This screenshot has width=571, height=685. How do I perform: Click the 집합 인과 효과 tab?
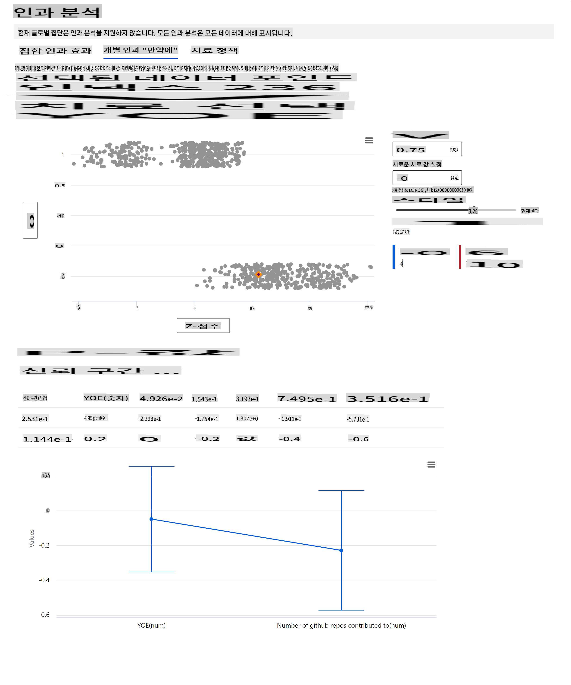coord(55,51)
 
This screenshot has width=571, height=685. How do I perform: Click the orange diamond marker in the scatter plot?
coord(258,274)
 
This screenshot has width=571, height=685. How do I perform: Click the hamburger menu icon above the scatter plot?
coord(369,140)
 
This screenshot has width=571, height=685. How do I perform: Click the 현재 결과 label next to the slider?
coord(530,211)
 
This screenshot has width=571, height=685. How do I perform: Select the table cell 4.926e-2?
coord(161,399)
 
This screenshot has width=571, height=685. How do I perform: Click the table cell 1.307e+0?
coord(247,418)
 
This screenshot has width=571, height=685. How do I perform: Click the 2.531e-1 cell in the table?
coord(35,419)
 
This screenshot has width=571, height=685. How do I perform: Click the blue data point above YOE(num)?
coord(151,519)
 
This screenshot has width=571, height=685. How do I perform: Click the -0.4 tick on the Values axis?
coord(44,580)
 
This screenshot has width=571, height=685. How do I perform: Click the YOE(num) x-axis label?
coord(151,625)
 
